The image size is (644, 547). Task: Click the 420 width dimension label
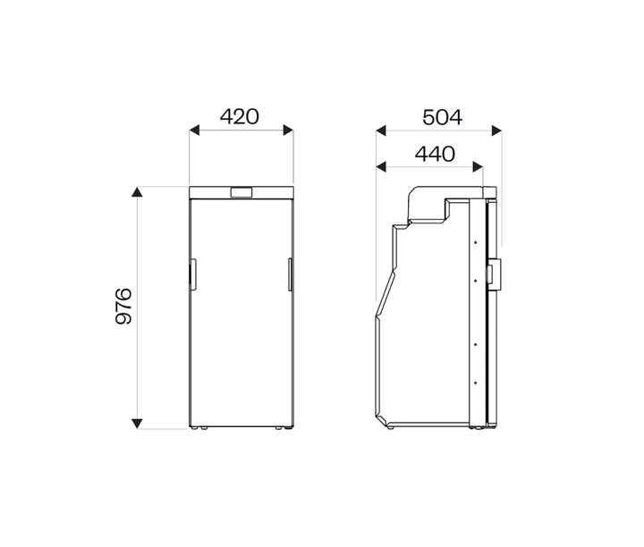click(240, 116)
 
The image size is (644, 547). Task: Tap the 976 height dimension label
click(123, 307)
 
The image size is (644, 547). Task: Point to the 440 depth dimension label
click(435, 154)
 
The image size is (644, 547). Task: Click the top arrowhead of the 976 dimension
click(137, 192)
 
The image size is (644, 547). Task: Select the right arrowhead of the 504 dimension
click(496, 130)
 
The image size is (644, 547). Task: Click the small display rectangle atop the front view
click(241, 192)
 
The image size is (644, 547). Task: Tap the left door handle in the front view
click(191, 273)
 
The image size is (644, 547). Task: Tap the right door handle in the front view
click(291, 273)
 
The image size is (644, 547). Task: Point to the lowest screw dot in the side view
click(474, 382)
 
